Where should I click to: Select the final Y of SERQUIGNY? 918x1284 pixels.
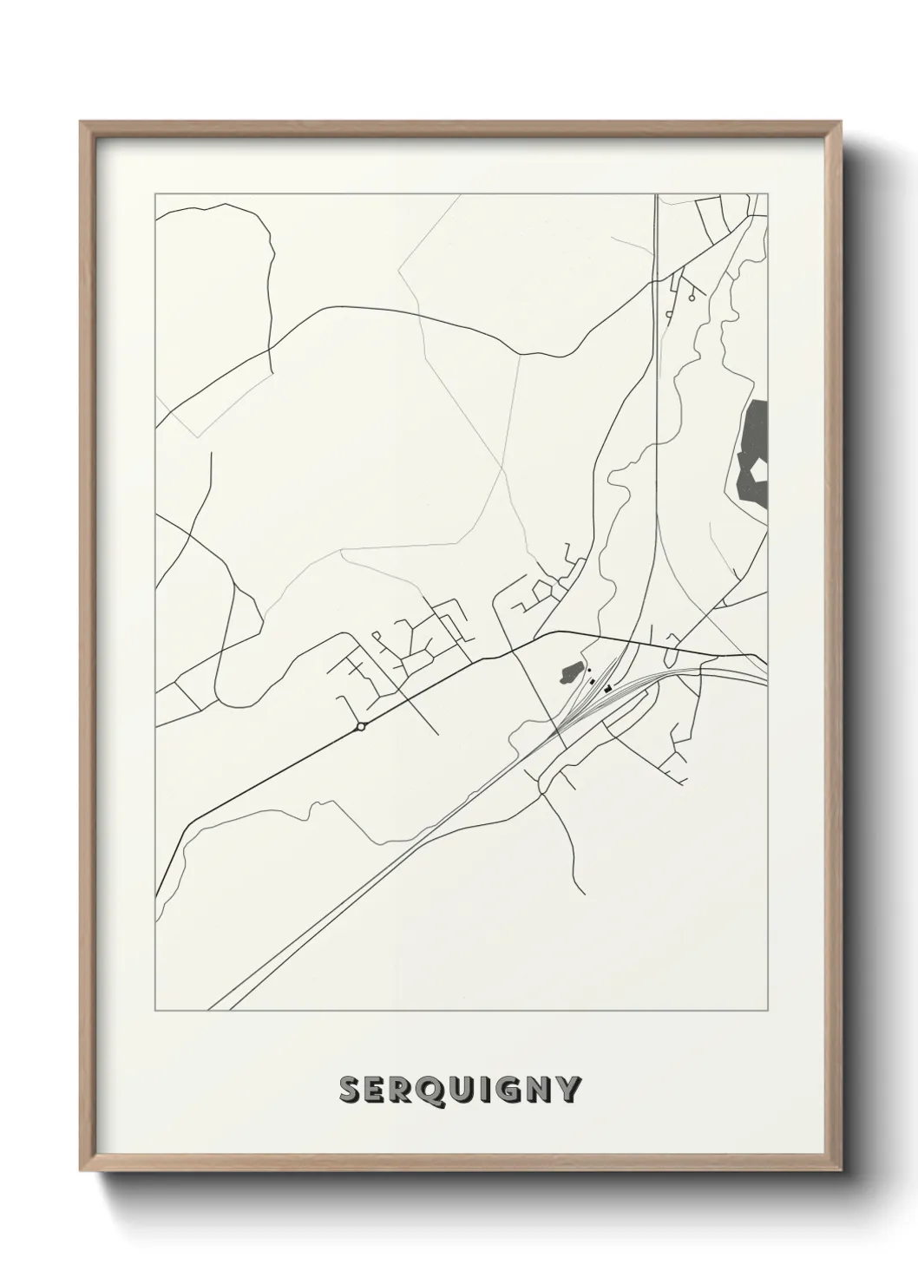pyautogui.click(x=567, y=1091)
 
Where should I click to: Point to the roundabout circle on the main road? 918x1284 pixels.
pyautogui.click(x=360, y=727)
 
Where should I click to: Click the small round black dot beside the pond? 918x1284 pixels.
pyautogui.click(x=589, y=670)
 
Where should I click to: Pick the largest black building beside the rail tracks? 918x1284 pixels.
pyautogui.click(x=608, y=688)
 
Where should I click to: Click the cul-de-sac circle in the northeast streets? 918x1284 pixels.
pyautogui.click(x=692, y=297)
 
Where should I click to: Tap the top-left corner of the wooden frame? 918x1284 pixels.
pyautogui.click(x=82, y=122)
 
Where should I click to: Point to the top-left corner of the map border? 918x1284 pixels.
pyautogui.click(x=154, y=193)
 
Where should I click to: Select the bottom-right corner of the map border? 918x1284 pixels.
pyautogui.click(x=767, y=1011)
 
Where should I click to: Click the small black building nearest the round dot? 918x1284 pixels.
pyautogui.click(x=593, y=681)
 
